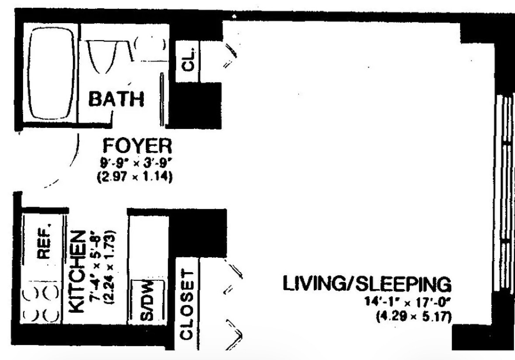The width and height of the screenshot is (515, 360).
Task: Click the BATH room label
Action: (x=117, y=99)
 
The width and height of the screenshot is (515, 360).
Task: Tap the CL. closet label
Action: (x=188, y=61)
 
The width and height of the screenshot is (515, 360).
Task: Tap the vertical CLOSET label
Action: (x=187, y=305)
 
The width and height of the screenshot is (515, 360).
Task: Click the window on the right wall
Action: (x=505, y=192)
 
